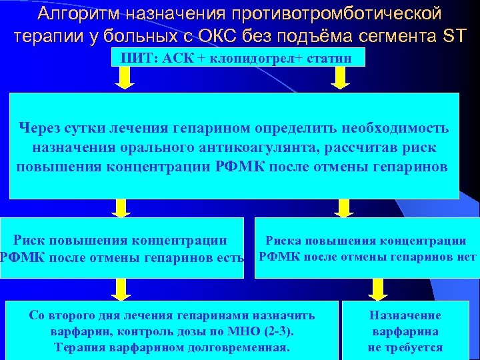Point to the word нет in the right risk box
coord(467,257)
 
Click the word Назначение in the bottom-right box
coord(405,315)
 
